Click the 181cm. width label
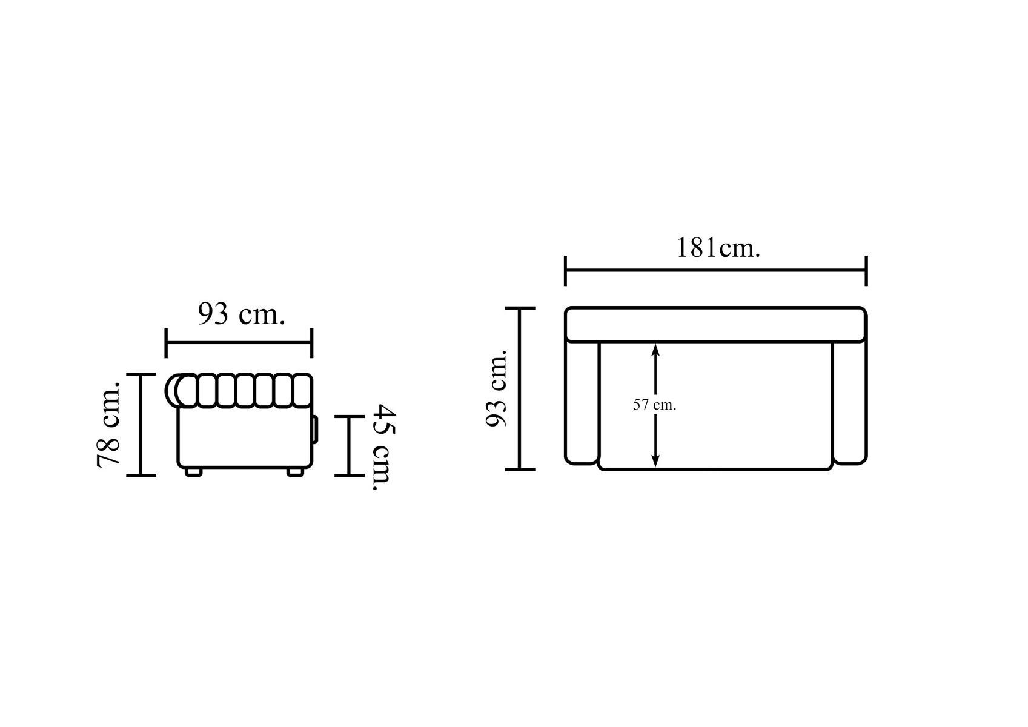click(x=718, y=248)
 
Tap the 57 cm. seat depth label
click(x=654, y=405)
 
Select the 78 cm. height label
click(x=109, y=424)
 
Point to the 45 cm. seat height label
click(x=383, y=447)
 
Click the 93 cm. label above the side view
click(x=241, y=314)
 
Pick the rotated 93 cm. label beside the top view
click(x=497, y=388)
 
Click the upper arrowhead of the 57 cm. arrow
click(x=655, y=350)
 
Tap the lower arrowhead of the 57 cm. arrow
click(x=655, y=461)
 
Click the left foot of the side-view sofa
click(x=194, y=472)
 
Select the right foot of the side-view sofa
click(x=295, y=472)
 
